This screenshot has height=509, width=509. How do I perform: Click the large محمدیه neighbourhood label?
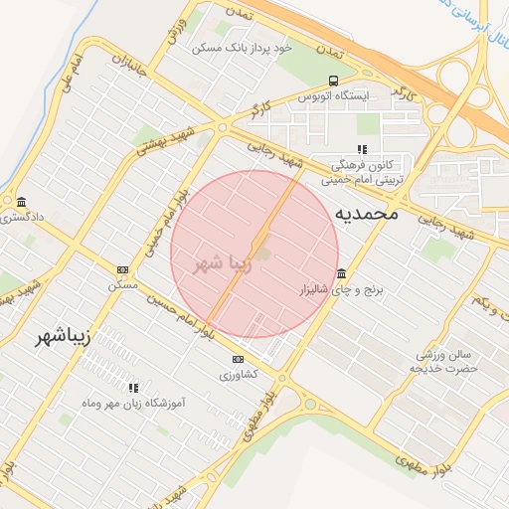[366, 213]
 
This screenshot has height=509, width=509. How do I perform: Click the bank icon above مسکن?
[123, 269]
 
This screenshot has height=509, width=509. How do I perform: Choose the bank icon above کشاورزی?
[238, 359]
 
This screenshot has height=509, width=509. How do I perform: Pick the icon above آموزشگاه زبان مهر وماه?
[133, 387]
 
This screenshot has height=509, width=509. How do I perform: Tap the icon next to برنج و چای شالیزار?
[342, 274]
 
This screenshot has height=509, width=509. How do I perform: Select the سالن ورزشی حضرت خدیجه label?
[444, 361]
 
